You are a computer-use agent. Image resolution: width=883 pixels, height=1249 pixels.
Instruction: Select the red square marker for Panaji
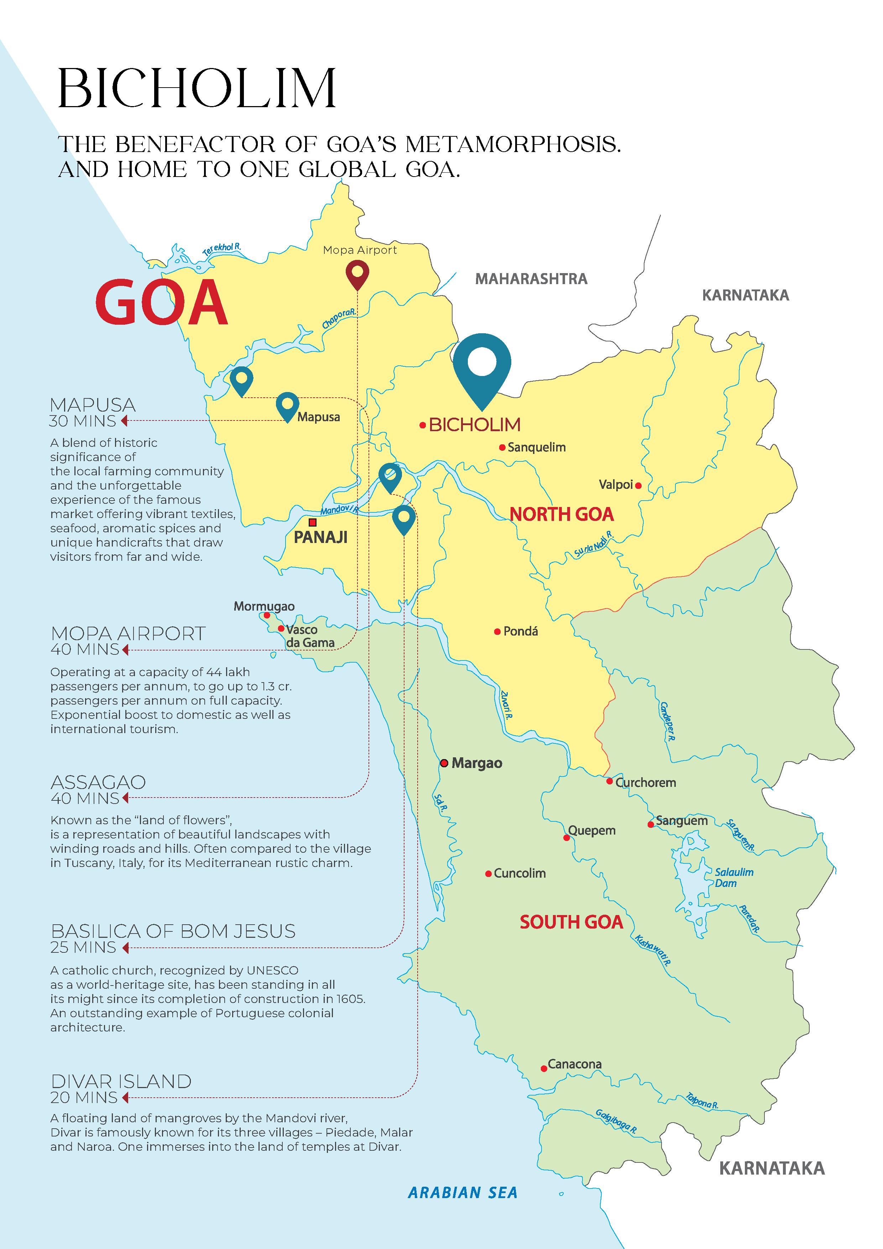pyautogui.click(x=312, y=522)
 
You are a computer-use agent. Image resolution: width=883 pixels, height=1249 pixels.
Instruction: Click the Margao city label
pyautogui.click(x=477, y=763)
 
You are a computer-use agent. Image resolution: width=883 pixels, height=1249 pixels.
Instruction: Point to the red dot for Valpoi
pyautogui.click(x=638, y=485)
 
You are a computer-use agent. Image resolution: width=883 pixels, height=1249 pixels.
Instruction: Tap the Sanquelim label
pyautogui.click(x=537, y=447)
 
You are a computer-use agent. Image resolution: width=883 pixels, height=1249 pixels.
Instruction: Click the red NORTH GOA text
pyautogui.click(x=561, y=514)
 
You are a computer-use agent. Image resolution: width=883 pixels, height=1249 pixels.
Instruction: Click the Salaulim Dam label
pyautogui.click(x=733, y=877)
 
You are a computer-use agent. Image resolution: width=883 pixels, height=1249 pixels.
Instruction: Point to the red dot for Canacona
pyautogui.click(x=544, y=1068)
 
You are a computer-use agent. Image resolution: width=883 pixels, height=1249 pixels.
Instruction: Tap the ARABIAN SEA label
pyautogui.click(x=463, y=1192)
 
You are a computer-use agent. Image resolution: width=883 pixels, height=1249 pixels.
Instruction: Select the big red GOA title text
pyautogui.click(x=162, y=303)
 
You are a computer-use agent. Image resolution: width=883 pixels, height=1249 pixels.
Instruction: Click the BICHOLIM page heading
pyautogui.click(x=197, y=88)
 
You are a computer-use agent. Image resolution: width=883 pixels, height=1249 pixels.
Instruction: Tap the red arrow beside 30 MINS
pyautogui.click(x=125, y=420)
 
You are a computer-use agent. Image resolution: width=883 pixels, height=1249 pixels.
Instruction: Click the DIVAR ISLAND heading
pyautogui.click(x=121, y=1081)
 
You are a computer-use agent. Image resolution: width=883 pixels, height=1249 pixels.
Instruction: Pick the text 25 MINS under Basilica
pyautogui.click(x=83, y=948)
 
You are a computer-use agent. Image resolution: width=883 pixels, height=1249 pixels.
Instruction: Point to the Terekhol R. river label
pyautogui.click(x=221, y=250)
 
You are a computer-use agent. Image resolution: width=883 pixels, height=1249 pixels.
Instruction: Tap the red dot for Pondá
pyautogui.click(x=497, y=632)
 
